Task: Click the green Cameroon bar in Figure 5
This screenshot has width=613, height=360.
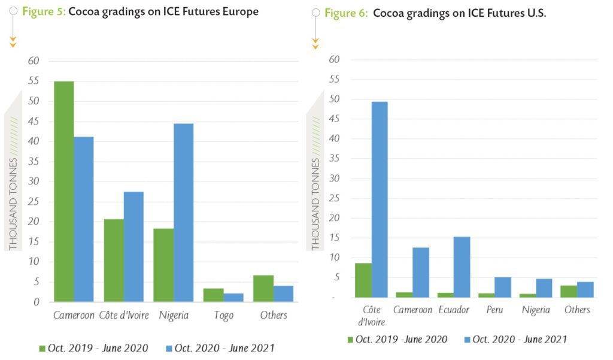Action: (x=64, y=191)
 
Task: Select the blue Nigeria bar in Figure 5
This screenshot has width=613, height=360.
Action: (x=183, y=212)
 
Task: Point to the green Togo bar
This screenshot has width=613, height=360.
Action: (x=213, y=295)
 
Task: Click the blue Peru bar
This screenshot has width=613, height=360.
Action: (x=503, y=287)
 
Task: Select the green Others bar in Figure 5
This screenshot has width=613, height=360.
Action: (x=263, y=288)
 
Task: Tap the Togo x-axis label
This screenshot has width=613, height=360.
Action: (x=223, y=315)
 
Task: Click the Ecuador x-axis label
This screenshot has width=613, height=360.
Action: (x=453, y=310)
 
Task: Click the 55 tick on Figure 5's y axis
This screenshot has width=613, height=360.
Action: (x=34, y=81)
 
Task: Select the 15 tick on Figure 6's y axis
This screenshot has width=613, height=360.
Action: (x=335, y=238)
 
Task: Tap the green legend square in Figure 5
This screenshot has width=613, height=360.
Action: (x=42, y=348)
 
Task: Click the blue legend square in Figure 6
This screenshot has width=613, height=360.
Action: (x=467, y=340)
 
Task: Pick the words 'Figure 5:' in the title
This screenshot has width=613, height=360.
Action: (x=44, y=11)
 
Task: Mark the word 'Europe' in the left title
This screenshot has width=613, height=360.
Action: (x=241, y=11)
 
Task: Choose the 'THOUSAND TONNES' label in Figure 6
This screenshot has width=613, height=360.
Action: (x=315, y=204)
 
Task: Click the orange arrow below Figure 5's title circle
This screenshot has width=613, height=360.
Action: (x=13, y=42)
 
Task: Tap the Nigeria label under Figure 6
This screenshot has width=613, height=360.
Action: (x=535, y=310)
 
